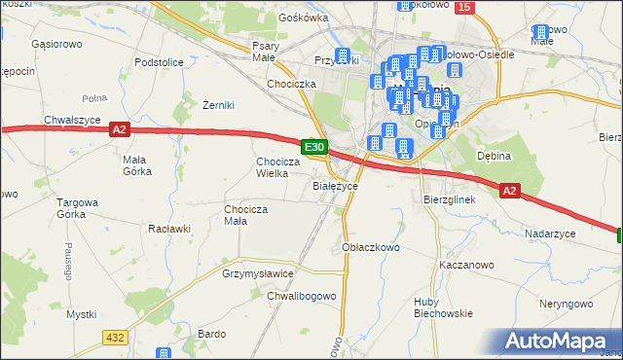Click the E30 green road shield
click(313, 147)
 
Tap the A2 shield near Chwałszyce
click(119, 128)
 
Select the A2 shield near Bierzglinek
click(510, 192)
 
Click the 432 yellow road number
click(115, 337)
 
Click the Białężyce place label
click(335, 185)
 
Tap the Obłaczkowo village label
click(372, 247)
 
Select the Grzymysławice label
click(258, 274)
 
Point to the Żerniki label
click(219, 105)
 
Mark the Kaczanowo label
click(467, 265)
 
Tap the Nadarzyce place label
click(550, 234)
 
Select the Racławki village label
click(167, 229)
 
